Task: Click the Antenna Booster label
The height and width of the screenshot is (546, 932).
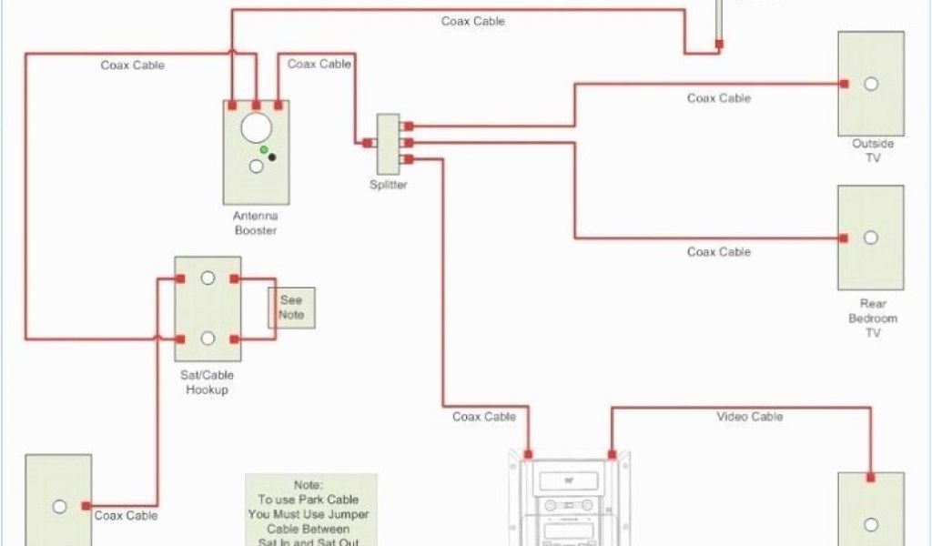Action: point(256,223)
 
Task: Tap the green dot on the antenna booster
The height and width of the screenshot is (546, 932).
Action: point(264,149)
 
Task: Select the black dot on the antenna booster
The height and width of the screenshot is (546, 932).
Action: point(271,157)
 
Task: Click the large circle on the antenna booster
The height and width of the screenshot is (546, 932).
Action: point(256,127)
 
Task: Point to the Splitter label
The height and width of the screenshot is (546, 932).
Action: point(389,185)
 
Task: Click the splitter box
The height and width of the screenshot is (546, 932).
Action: point(389,143)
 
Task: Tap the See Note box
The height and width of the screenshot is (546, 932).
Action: point(291,308)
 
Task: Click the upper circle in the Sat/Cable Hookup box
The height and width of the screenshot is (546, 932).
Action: point(208,278)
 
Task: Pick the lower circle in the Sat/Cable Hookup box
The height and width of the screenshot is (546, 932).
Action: point(208,339)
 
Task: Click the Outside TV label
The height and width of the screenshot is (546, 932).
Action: point(873,150)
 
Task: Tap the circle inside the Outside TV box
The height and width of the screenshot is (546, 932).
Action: point(871,84)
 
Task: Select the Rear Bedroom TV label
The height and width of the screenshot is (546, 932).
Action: point(873,318)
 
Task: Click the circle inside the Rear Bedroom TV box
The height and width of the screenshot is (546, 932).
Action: point(871,238)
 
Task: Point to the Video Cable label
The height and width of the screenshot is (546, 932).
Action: point(749,417)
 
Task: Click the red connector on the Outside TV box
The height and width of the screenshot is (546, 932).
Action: point(845,84)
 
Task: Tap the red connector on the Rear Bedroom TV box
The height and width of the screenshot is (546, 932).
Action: point(845,238)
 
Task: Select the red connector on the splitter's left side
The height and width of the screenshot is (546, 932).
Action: point(367,143)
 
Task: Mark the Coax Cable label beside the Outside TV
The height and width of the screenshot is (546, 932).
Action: point(719,98)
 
